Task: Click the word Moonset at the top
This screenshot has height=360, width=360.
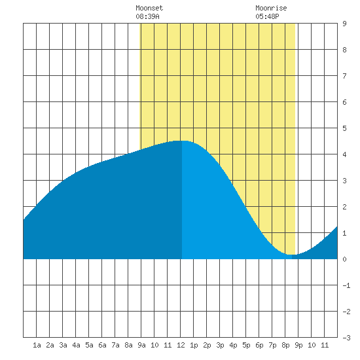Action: (149, 8)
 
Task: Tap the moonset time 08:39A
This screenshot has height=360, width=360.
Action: (147, 16)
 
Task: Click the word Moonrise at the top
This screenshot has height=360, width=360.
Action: (271, 8)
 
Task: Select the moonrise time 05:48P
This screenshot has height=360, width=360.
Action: (267, 16)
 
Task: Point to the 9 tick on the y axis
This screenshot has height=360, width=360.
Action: (344, 24)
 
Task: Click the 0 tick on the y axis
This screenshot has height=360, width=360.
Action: (344, 259)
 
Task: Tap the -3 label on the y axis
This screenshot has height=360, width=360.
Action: (346, 338)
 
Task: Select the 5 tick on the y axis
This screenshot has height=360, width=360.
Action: (344, 128)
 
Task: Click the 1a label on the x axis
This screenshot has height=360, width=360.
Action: (37, 345)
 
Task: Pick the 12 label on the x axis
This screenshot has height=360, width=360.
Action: (181, 345)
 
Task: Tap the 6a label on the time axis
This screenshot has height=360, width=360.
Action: (102, 345)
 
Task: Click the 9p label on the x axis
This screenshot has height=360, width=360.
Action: (298, 345)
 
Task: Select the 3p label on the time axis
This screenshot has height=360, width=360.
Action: (220, 345)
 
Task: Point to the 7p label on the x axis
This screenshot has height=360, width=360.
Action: (272, 345)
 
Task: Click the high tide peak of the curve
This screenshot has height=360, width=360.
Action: (181, 141)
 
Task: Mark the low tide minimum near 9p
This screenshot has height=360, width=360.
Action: (291, 255)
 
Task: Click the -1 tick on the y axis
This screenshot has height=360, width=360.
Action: (346, 285)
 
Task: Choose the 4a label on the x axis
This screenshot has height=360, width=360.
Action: (76, 345)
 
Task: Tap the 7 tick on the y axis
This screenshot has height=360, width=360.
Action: (344, 76)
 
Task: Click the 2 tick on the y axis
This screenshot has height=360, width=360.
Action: (344, 207)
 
